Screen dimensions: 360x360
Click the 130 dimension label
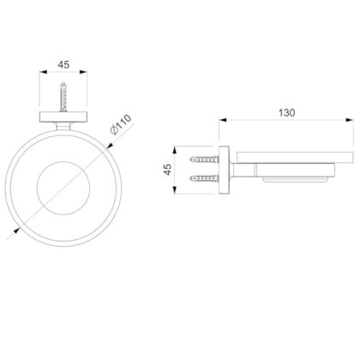(286, 113)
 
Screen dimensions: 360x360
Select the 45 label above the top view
(63, 64)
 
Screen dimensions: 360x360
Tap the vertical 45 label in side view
(168, 169)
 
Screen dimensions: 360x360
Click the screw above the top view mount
(63, 97)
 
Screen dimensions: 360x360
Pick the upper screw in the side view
(204, 159)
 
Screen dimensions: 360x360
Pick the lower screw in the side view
(204, 179)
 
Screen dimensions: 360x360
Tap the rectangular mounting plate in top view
(63, 117)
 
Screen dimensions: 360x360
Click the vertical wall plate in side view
(224, 171)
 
